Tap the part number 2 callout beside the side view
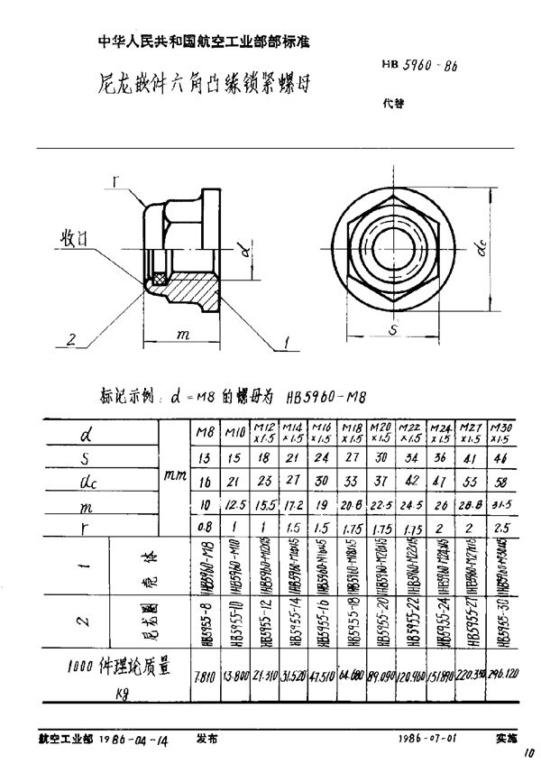pyautogui.click(x=69, y=339)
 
